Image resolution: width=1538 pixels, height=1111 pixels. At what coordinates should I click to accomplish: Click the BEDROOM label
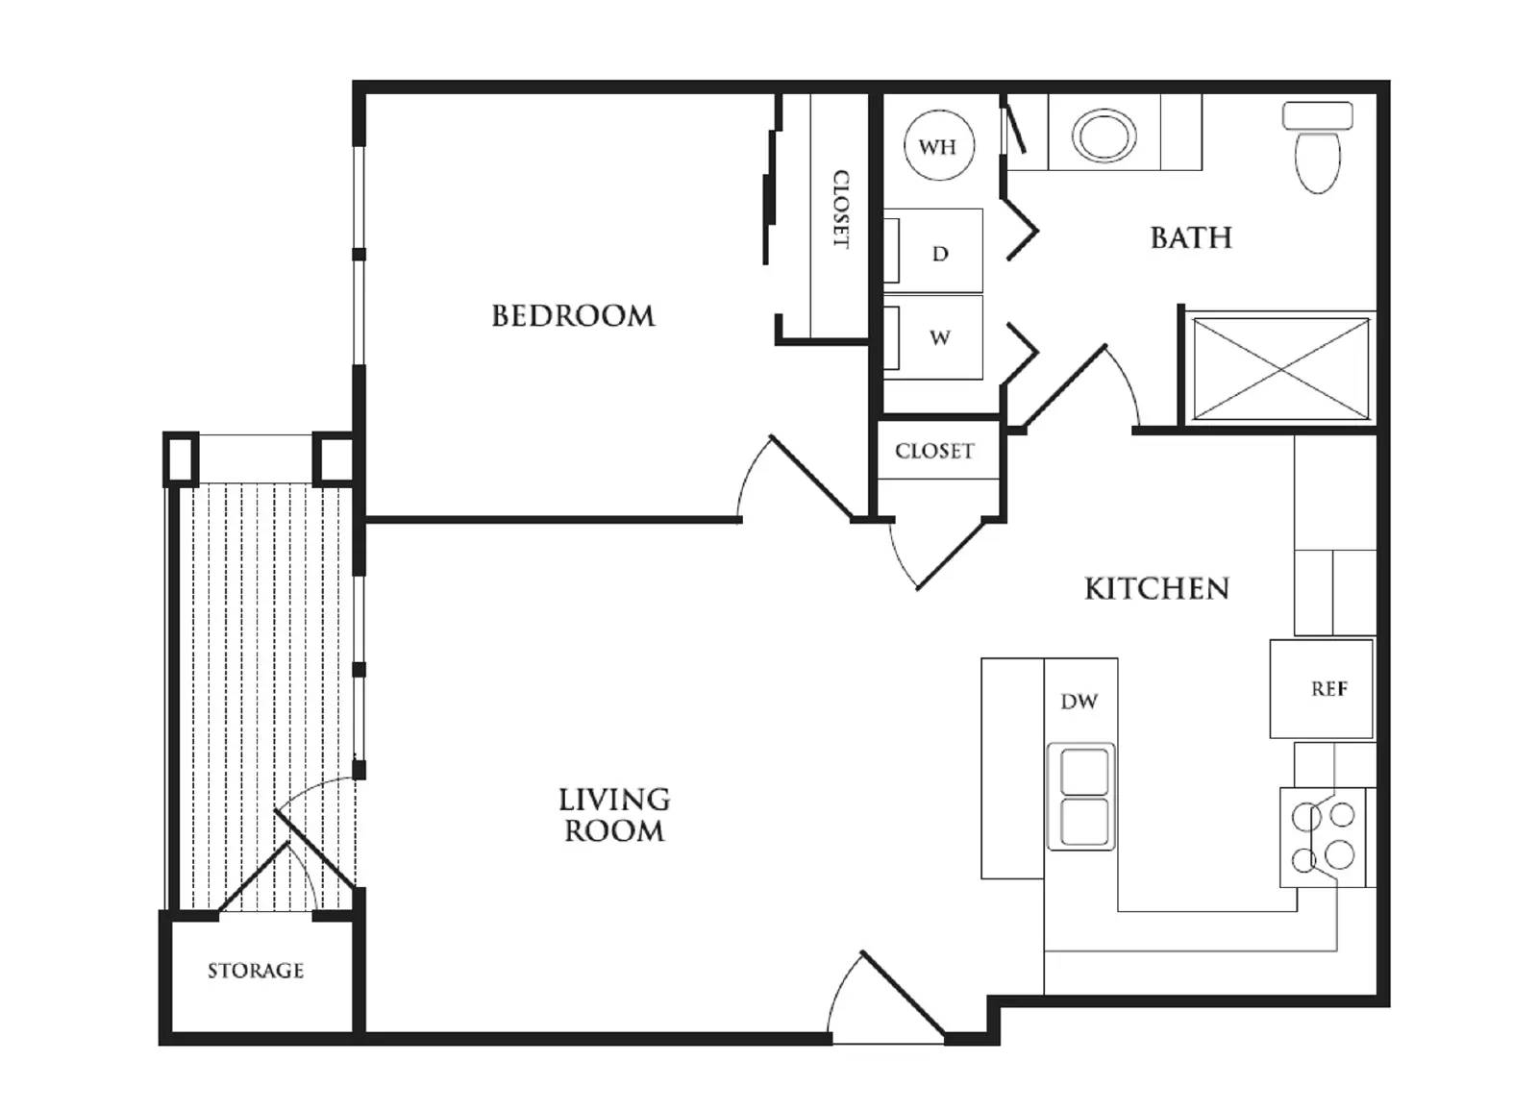573,316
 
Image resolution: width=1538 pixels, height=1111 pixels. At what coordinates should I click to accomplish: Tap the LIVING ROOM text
614,815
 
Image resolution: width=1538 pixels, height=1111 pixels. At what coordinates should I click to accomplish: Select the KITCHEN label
1156,588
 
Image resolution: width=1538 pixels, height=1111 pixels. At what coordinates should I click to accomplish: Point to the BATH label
1191,237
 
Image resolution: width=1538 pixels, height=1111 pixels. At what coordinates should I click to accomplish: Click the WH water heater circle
938,146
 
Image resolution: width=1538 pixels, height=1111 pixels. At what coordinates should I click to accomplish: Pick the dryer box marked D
940,252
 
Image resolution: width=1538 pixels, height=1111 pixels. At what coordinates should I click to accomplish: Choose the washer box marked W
940,337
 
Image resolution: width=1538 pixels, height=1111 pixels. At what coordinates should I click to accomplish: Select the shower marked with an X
1280,369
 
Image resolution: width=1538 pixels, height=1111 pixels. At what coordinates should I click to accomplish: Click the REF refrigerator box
1327,689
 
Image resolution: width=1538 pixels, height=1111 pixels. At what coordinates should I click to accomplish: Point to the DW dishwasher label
1079,702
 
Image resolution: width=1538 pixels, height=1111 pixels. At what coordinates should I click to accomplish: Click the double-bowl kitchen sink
1081,796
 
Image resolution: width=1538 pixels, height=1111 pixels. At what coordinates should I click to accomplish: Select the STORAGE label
256,971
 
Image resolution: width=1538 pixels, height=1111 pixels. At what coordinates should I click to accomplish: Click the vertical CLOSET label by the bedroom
840,210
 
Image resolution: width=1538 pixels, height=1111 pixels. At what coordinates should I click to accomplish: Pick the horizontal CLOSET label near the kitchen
934,451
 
